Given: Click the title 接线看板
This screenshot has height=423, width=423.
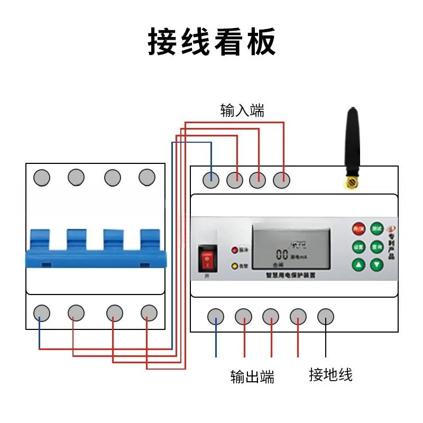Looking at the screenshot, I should pyautogui.click(x=212, y=42).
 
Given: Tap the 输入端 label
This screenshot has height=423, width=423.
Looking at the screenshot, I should pyautogui.click(x=242, y=111).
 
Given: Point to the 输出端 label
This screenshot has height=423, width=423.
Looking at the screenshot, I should pyautogui.click(x=252, y=377).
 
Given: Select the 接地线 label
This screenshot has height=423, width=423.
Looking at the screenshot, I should pyautogui.click(x=330, y=375).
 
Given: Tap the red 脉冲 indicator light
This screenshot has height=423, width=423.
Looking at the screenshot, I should pyautogui.click(x=234, y=250).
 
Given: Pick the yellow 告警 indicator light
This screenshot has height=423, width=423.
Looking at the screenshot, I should pyautogui.click(x=234, y=266).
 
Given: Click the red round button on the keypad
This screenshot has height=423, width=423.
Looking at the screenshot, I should pyautogui.click(x=359, y=229).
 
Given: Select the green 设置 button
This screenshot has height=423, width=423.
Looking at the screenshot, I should pyautogui.click(x=359, y=246).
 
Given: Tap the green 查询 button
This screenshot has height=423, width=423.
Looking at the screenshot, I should pyautogui.click(x=376, y=246).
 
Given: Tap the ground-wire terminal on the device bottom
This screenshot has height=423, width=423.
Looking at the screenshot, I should pyautogui.click(x=326, y=317).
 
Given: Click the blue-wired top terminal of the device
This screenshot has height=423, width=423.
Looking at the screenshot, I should pyautogui.click(x=211, y=180).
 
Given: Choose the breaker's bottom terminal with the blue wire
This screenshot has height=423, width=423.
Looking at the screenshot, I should pyautogui.click(x=41, y=313).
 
